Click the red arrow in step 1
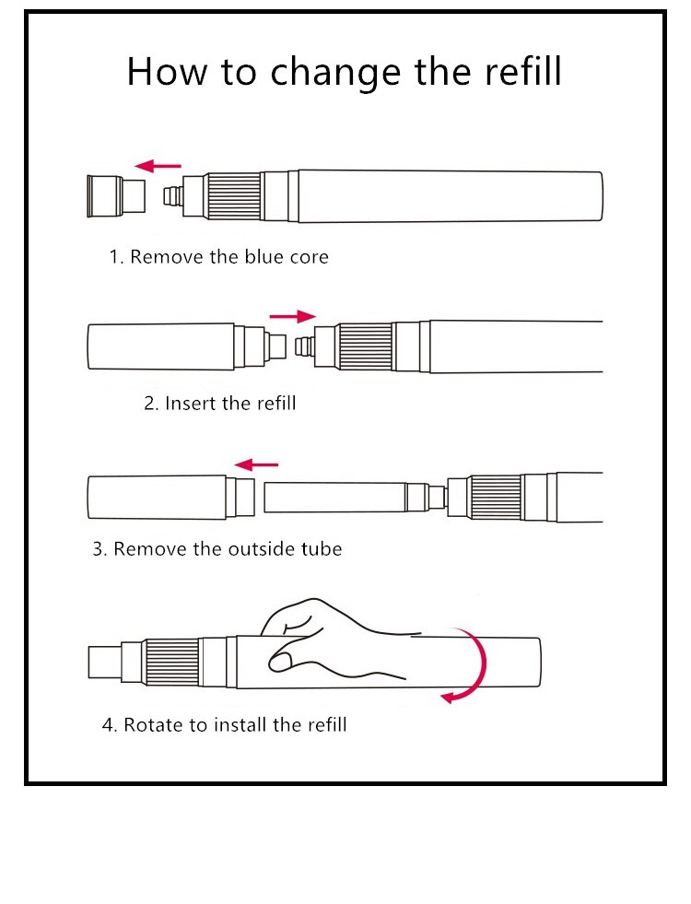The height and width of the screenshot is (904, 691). [x=158, y=166]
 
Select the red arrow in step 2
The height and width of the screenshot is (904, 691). [x=292, y=316]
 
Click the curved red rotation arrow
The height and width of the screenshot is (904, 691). [x=472, y=668]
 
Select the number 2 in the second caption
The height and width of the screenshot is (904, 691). [x=148, y=403]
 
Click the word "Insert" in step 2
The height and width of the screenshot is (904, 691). [x=192, y=403]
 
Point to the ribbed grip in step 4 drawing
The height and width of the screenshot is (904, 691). [x=173, y=663]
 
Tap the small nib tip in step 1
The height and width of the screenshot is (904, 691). [x=170, y=196]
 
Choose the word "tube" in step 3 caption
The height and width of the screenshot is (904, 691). [x=322, y=549]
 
